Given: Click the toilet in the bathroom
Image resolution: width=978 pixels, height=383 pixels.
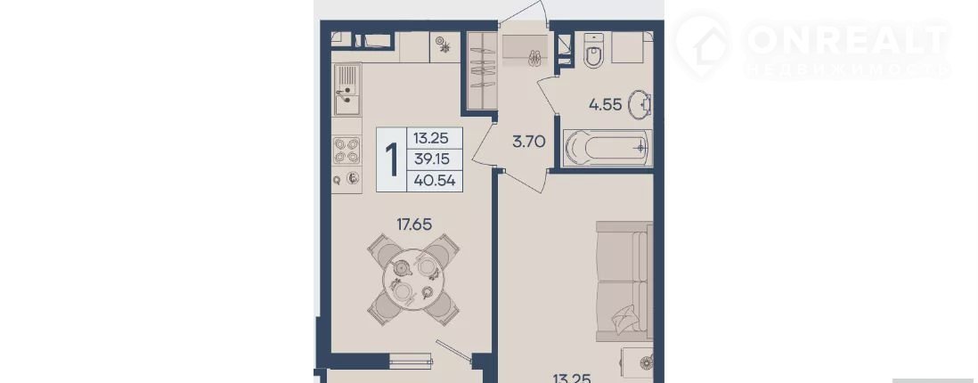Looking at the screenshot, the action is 594,49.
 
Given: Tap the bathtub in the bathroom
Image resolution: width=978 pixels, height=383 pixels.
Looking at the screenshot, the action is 607,149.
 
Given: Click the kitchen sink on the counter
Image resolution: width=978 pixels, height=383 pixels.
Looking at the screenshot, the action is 346,90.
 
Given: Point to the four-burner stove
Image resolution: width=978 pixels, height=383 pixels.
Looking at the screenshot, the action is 346,151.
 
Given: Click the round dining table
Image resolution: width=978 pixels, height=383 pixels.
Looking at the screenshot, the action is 413,278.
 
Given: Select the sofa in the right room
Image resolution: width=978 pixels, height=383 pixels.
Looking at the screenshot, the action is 624,281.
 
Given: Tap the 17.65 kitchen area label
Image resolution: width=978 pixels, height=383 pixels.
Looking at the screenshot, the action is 415,224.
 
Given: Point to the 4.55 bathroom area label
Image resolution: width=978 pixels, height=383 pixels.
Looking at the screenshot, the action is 605,104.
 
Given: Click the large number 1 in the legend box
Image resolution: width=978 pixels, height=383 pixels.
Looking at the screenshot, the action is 392,159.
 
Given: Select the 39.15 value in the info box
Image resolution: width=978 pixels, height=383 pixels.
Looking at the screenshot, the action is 434,159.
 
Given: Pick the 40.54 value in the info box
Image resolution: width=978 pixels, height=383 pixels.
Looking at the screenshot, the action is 434,181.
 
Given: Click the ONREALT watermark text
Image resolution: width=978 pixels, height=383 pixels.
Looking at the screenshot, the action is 848,41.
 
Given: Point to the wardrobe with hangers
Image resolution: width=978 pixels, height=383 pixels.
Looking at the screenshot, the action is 481,69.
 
